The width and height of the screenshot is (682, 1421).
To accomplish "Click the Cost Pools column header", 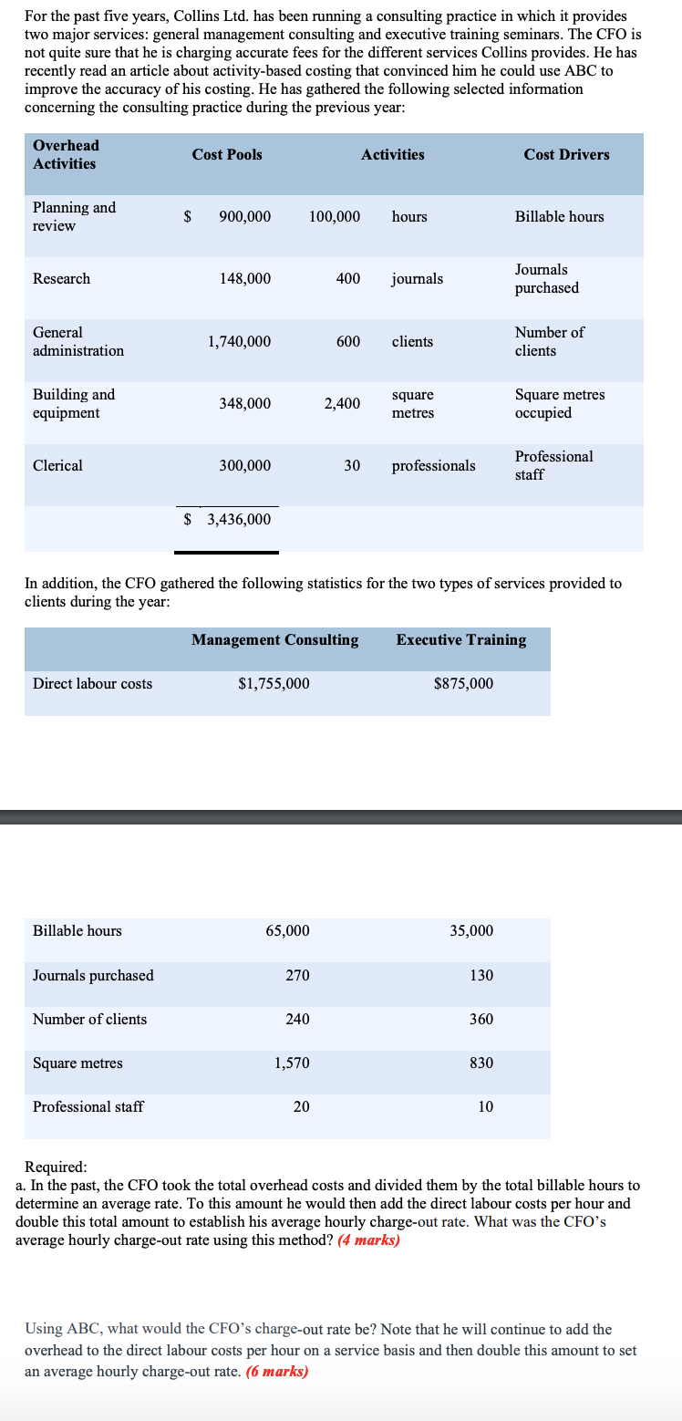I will pyautogui.click(x=227, y=154).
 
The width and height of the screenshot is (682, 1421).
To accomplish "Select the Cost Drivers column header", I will pyautogui.click(x=566, y=154).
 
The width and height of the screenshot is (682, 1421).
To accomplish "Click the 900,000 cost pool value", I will pyautogui.click(x=244, y=216).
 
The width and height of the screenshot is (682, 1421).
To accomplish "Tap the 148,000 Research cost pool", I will pyautogui.click(x=244, y=278).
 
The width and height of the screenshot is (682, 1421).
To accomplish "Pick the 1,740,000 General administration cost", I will pyautogui.click(x=239, y=341).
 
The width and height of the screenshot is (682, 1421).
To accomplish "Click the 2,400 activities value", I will pyautogui.click(x=342, y=403).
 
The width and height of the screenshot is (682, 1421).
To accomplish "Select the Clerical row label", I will pyautogui.click(x=57, y=465).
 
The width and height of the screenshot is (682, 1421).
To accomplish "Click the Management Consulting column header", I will pyautogui.click(x=274, y=639).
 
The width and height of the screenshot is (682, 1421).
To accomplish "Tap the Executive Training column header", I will pyautogui.click(x=460, y=639).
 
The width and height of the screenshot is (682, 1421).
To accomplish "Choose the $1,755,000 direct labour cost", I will pyautogui.click(x=274, y=683).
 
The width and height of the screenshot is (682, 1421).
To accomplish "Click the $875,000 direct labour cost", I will pyautogui.click(x=463, y=683).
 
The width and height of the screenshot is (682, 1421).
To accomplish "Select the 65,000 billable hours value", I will pyautogui.click(x=287, y=930).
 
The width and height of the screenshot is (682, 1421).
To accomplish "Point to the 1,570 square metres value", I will pyautogui.click(x=292, y=1063).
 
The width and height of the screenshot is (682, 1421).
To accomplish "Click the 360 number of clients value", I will pyautogui.click(x=481, y=1019).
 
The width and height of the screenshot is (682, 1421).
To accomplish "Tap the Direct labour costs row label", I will pyautogui.click(x=92, y=683).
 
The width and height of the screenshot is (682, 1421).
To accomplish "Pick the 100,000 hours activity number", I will pyautogui.click(x=335, y=216).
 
